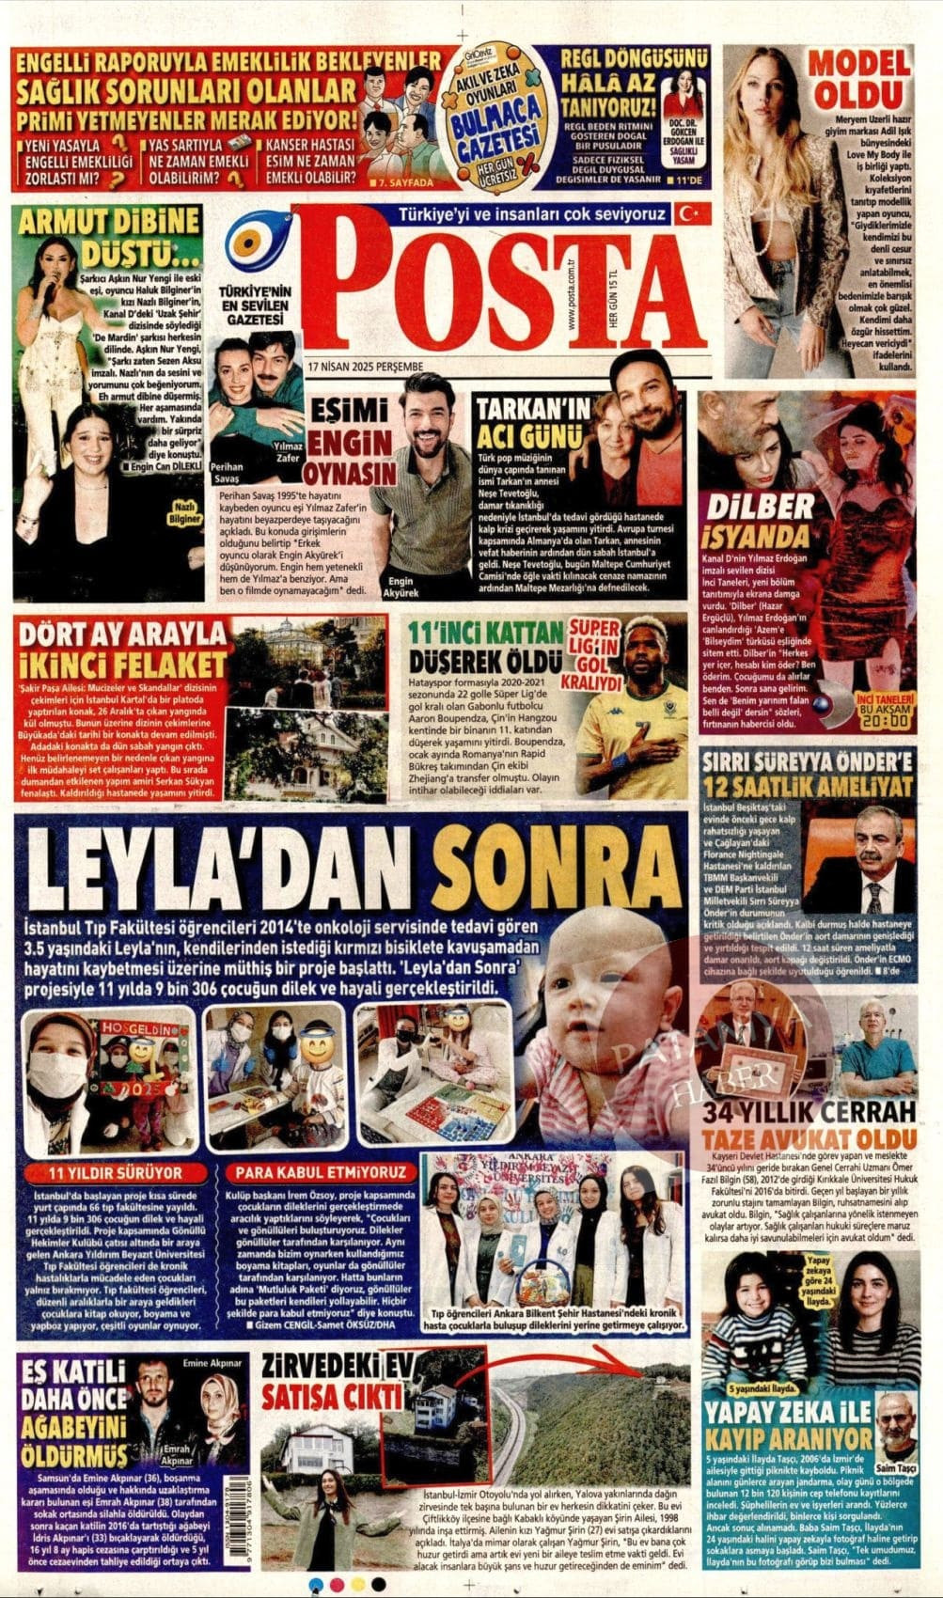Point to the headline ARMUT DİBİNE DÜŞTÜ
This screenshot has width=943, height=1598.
pos(110,237)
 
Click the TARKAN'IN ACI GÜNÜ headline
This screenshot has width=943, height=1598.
pos(533,422)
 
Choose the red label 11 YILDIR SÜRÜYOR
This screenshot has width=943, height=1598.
pos(116,1172)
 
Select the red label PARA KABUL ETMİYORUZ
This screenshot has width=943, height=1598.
pos(321,1172)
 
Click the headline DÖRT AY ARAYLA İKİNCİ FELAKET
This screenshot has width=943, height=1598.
pos(123,649)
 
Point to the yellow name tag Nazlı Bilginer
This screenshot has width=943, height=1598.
pos(183,513)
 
